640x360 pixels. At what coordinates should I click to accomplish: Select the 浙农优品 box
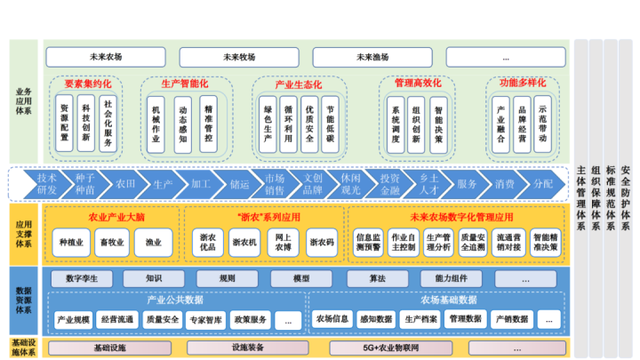(x=208, y=242)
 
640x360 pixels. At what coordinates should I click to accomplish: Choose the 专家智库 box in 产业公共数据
(x=205, y=319)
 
